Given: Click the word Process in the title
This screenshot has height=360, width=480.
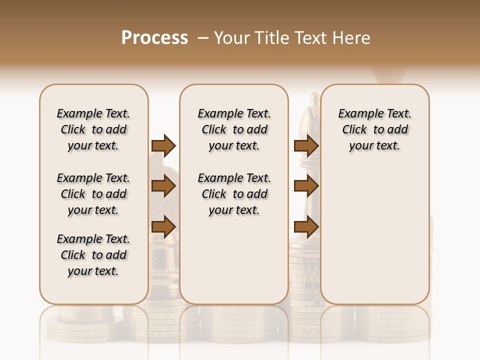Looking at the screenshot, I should pos(154,38).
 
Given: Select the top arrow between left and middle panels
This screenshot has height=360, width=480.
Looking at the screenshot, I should pos(163,145).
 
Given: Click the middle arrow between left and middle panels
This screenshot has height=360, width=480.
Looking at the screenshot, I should pos(163,186).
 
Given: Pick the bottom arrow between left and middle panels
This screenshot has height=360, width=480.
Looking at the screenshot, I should pos(163,227).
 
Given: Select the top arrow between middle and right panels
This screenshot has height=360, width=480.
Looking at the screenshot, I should pos(306,145).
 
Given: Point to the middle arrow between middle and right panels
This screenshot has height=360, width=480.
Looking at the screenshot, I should pos(306,186).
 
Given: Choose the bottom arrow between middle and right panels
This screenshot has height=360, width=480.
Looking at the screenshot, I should pos(306,227).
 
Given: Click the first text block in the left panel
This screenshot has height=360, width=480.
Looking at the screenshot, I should pos(93,129).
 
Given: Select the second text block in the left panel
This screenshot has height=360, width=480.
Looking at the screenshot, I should pos(93,194).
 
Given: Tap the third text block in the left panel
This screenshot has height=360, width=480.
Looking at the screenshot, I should pos(93,255).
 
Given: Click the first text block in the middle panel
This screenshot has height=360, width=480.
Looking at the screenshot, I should pos(234,129).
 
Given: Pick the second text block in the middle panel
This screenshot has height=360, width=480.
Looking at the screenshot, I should pos(234,194).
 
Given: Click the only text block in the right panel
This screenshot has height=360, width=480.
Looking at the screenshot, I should pos(375,129).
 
